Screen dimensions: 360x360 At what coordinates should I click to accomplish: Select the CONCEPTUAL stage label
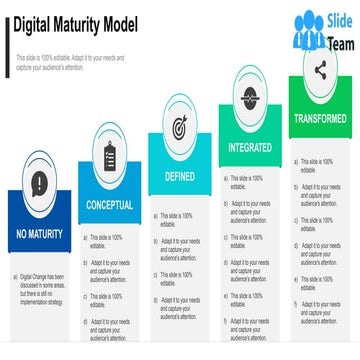[109, 204]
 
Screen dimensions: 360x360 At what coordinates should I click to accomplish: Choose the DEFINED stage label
[179, 176]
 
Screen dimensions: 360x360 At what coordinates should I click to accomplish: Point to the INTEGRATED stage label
[250, 146]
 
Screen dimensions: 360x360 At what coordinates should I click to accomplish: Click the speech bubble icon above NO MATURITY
[38, 184]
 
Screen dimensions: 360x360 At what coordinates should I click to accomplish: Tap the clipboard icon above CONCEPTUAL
[109, 154]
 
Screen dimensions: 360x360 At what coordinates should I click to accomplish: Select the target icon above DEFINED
[180, 127]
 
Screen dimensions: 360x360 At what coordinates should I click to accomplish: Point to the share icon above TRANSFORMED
[320, 69]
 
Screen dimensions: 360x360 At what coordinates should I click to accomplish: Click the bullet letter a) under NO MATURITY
[14, 276]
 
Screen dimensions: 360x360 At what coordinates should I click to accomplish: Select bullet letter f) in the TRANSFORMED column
[295, 303]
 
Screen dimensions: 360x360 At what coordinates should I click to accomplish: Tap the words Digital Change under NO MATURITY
[35, 276]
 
